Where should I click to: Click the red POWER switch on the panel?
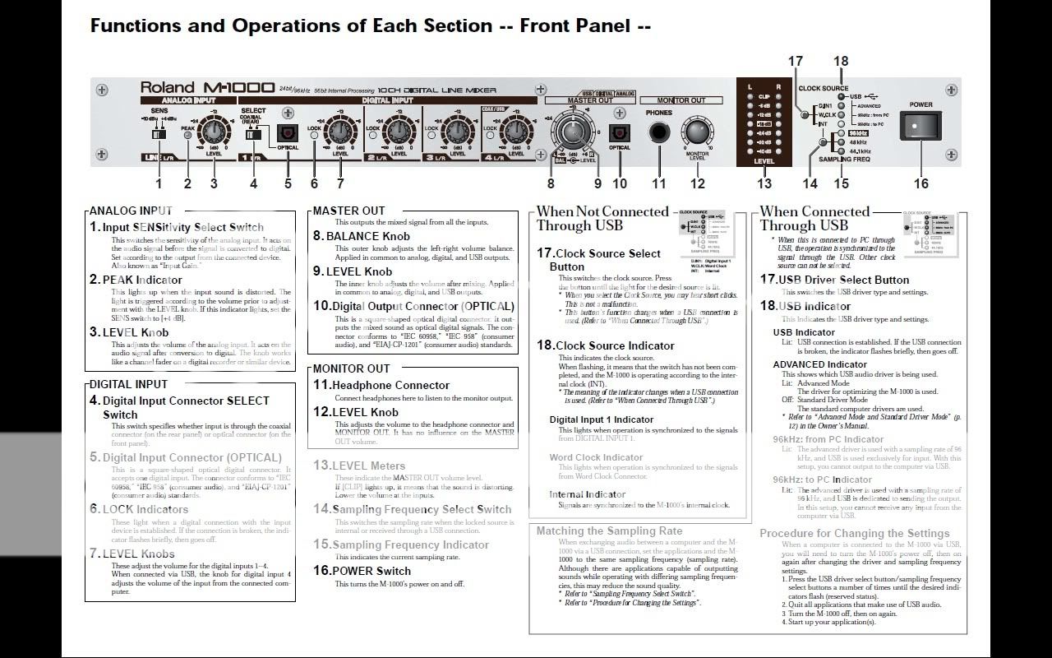[x=920, y=127]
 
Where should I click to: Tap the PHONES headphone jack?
[x=659, y=132]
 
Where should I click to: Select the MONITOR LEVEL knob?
[x=697, y=132]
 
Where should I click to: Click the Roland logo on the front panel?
[x=167, y=87]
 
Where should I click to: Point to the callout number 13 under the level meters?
[x=764, y=183]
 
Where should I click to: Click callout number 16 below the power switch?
[x=920, y=183]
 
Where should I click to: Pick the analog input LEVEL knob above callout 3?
[x=214, y=132]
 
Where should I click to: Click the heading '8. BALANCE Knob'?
[x=362, y=236]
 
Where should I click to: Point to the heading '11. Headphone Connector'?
[x=381, y=385]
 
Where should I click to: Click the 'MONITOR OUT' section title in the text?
[x=351, y=368]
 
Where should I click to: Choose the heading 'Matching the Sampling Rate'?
[x=609, y=531]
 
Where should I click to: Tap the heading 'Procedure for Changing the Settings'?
[x=854, y=533]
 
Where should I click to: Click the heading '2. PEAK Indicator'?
[x=136, y=280]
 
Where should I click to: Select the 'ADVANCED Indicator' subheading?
[x=819, y=364]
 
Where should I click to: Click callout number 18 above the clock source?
[x=840, y=61]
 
